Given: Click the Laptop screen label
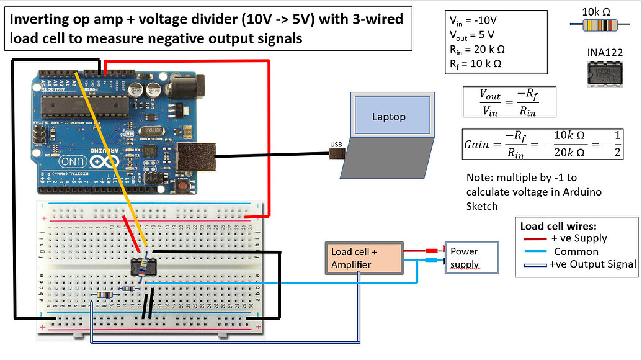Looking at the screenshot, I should click(389, 117).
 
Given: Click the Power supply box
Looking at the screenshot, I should click(470, 258).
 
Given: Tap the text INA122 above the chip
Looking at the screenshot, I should click(604, 53).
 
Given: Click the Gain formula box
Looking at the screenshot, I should click(542, 144).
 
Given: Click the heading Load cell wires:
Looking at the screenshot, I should click(558, 226).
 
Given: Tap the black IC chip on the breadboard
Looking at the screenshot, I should click(143, 268).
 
